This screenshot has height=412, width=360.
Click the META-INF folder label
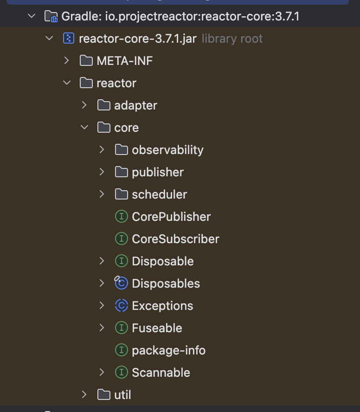point(124,61)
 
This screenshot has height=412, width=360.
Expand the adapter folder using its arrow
point(84,105)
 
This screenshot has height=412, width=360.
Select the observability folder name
point(167,150)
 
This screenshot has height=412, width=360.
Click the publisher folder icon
point(121,172)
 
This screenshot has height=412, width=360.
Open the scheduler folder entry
point(159,194)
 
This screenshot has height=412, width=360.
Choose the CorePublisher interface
point(171,217)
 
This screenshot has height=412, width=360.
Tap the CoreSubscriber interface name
point(175,239)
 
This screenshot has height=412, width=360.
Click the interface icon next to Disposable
point(121,261)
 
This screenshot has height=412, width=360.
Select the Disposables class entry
point(166,283)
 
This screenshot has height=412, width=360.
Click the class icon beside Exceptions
point(121,306)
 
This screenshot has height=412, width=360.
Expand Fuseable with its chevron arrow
point(102,328)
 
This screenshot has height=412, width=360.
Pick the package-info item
point(168,350)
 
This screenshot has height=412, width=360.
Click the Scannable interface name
point(161,373)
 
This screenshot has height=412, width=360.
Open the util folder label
point(122,395)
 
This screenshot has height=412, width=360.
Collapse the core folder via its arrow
point(84,128)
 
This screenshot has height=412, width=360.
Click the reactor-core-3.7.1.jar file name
point(138,39)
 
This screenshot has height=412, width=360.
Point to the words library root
point(232,39)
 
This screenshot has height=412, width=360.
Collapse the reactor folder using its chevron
point(67,83)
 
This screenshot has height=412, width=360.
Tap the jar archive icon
point(68,39)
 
